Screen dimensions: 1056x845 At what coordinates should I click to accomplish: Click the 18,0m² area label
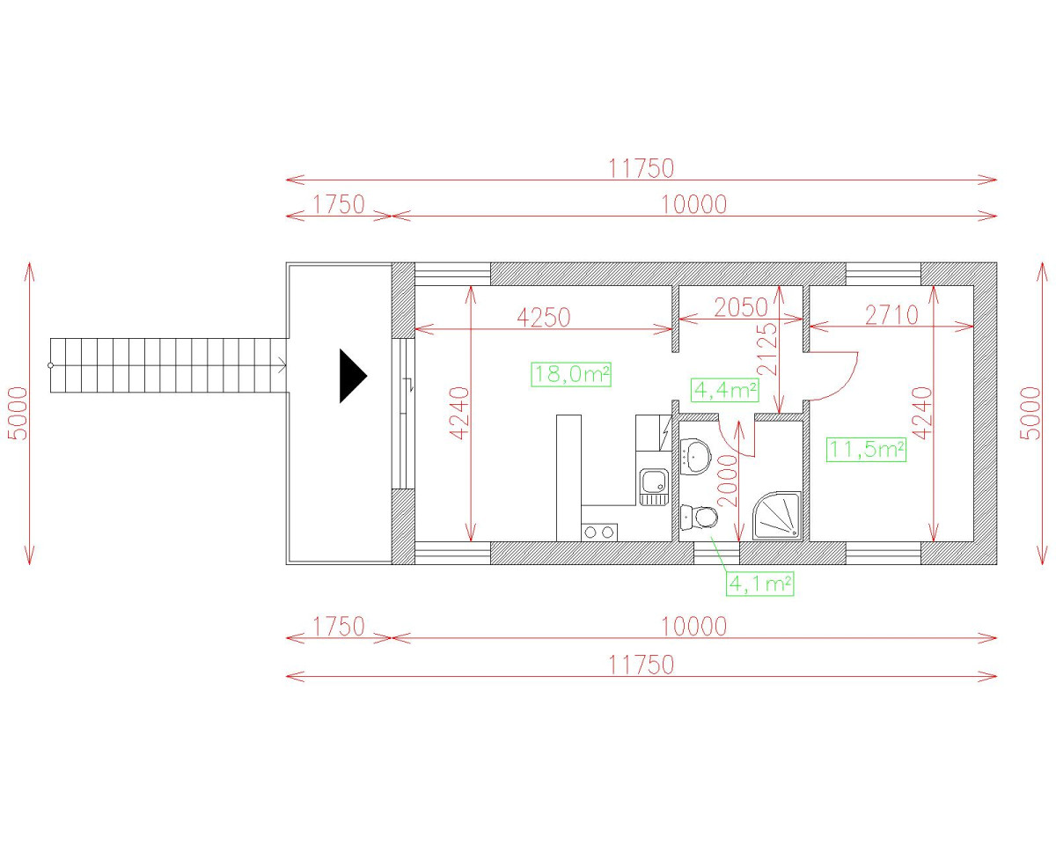pos(571,375)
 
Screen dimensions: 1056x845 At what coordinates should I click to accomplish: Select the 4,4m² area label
pos(725,390)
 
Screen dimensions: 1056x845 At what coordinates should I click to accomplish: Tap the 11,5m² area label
pos(866,450)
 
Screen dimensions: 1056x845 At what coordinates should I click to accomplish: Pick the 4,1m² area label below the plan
pos(759,584)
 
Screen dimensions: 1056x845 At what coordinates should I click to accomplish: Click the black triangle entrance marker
pos(351,376)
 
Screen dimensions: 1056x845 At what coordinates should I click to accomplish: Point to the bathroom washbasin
pos(695,457)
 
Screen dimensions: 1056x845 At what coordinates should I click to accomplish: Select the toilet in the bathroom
pos(700,518)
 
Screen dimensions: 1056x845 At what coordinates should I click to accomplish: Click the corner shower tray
pos(777,516)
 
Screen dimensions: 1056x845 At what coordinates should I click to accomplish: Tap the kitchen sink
pos(654,487)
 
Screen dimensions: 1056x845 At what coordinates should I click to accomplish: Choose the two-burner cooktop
pos(599,533)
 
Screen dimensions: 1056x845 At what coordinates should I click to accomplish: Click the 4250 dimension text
pos(544,318)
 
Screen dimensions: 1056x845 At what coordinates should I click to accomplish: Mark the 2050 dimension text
pos(741,308)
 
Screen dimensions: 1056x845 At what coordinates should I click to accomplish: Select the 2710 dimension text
pos(891,316)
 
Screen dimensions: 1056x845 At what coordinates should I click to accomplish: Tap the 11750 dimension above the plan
pos(642,169)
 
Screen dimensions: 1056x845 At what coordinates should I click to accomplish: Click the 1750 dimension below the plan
pos(339,627)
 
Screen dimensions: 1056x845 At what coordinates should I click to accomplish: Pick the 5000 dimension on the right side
pos(1030,414)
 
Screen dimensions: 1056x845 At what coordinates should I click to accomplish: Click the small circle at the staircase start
pos(50,365)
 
